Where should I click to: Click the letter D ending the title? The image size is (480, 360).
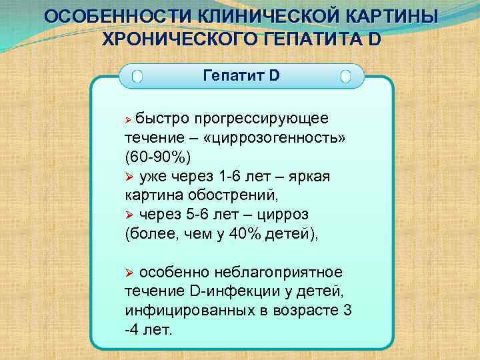[373, 38]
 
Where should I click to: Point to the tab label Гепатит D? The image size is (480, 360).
[241, 75]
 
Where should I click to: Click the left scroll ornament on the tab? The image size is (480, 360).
[137, 76]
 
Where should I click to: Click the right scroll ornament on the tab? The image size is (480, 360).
[345, 76]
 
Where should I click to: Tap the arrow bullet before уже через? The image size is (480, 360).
[130, 177]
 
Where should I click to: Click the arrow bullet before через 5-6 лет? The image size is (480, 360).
[130, 215]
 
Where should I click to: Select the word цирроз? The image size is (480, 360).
[285, 215]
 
